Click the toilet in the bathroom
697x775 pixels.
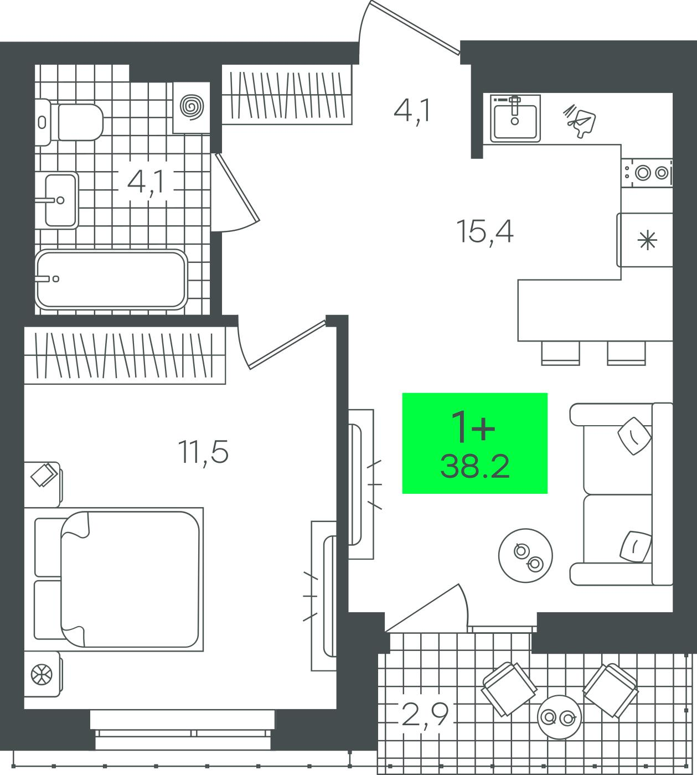(x=70, y=122)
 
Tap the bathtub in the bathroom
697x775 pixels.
(x=111, y=280)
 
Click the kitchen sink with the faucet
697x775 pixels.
(x=515, y=118)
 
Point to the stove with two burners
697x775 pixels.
(x=647, y=173)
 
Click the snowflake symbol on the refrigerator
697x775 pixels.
(x=647, y=240)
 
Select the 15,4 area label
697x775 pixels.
(x=485, y=232)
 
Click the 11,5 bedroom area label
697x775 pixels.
(x=203, y=453)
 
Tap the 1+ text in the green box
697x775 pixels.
(x=474, y=426)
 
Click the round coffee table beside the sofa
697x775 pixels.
(x=525, y=556)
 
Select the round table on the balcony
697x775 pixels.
(x=559, y=717)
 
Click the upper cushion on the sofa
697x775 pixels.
(x=634, y=436)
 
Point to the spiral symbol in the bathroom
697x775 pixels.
(x=192, y=107)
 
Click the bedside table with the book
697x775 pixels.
(x=43, y=484)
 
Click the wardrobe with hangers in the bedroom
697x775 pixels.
(x=125, y=355)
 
